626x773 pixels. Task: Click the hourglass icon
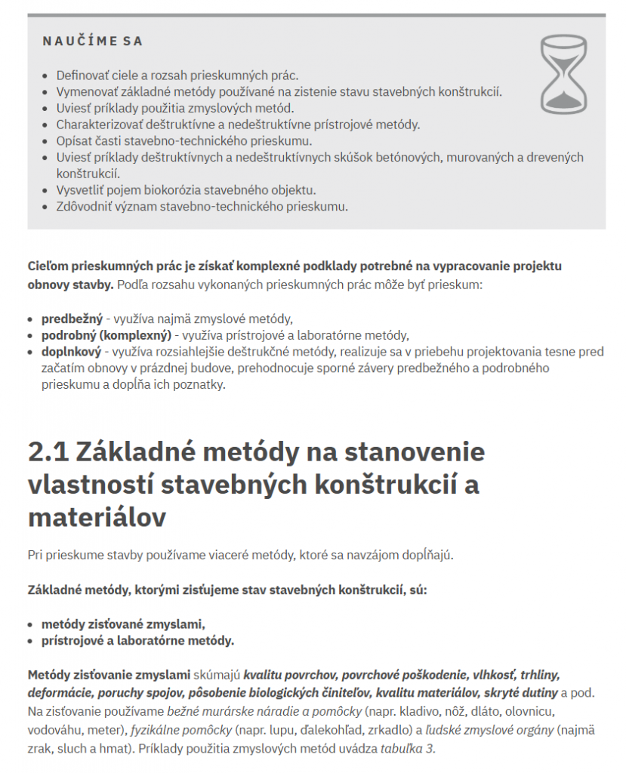pos(563,75)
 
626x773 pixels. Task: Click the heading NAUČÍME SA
pos(93,42)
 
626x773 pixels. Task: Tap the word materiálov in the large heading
pos(97,518)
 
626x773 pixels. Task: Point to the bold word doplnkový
pos(72,352)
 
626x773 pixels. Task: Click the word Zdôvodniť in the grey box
pos(85,206)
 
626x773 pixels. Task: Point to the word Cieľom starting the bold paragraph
pos(50,266)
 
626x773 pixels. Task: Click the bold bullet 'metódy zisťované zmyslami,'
pos(123,624)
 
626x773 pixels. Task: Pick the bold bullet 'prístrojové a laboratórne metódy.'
pos(137,641)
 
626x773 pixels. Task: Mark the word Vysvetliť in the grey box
pos(81,189)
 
